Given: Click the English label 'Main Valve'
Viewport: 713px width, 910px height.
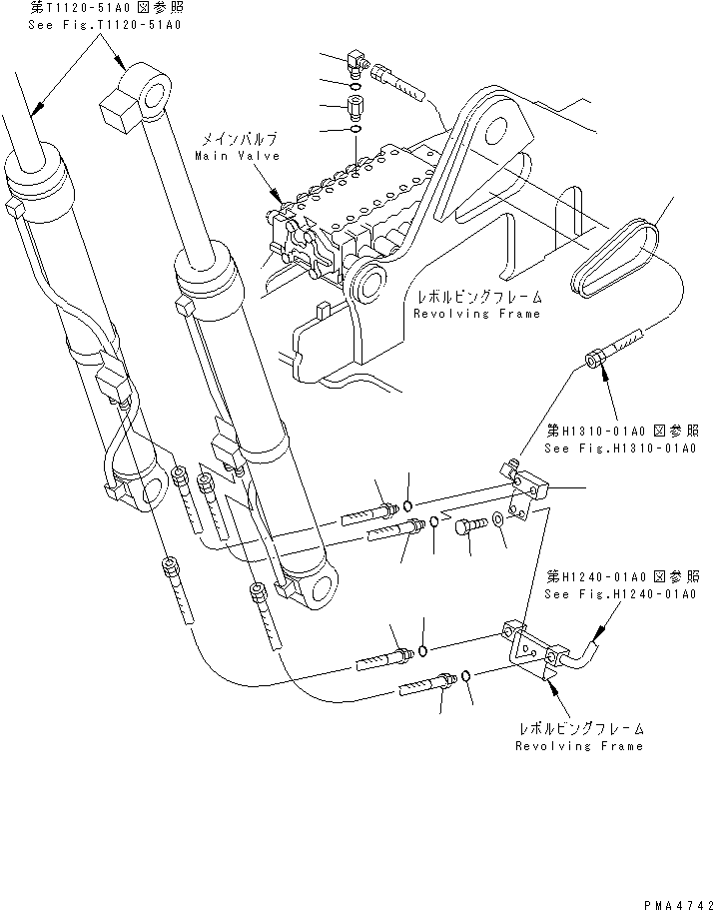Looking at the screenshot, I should [237, 156].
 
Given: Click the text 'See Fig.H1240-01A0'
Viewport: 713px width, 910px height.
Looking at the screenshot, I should [622, 593].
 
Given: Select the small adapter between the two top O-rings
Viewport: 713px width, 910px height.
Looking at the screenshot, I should [356, 104].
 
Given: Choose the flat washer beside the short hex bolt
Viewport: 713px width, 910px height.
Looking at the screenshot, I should [497, 521].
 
